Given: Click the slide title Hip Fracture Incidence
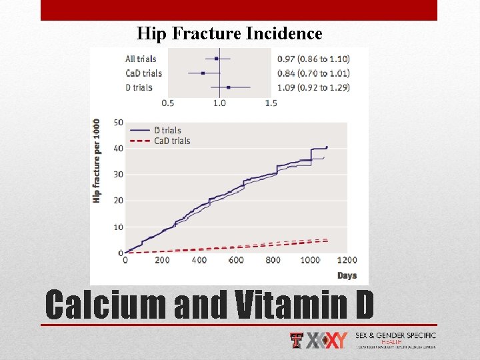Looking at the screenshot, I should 229,33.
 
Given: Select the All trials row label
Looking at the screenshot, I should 141,59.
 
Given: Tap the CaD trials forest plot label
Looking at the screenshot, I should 143,73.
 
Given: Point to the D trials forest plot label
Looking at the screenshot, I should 139,87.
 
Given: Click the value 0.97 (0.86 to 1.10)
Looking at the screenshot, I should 313,59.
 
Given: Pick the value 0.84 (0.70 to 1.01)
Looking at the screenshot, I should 313,73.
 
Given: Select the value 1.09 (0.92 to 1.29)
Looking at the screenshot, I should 313,87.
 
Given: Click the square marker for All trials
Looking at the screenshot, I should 217,59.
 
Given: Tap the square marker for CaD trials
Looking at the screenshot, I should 202,73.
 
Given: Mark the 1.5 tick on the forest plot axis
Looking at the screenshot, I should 271,103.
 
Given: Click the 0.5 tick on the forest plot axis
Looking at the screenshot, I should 168,103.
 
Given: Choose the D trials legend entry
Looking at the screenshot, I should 167,131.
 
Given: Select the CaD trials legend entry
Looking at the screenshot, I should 172,141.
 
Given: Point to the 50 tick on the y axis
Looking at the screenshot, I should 119,122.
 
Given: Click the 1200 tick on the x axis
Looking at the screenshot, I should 347,260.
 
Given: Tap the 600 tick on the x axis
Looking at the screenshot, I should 236,260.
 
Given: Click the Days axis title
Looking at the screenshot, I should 347,275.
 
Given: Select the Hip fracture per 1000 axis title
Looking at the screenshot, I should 97,161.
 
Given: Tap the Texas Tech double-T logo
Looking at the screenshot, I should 297,341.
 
